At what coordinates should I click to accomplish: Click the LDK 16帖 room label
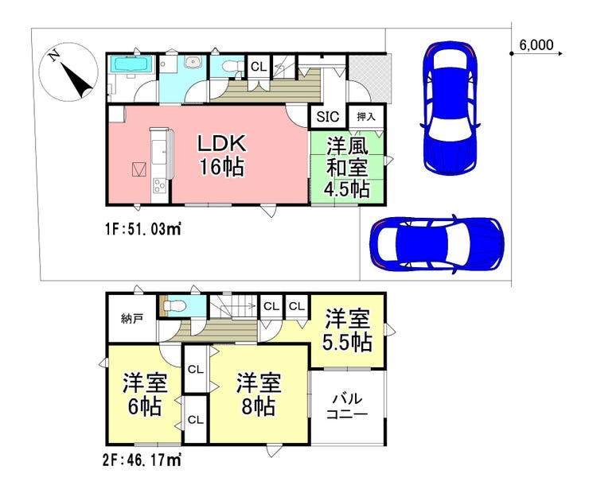click(x=222, y=155)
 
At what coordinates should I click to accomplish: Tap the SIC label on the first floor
click(x=328, y=117)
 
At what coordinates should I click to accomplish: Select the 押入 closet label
click(x=366, y=117)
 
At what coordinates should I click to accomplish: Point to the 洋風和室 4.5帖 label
click(x=347, y=168)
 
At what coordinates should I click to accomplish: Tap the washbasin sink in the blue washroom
click(x=194, y=62)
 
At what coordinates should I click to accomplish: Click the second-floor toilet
click(x=174, y=307)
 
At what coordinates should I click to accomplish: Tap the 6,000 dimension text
click(x=536, y=45)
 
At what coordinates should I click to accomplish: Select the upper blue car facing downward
click(x=451, y=107)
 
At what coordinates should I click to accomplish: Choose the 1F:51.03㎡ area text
click(x=142, y=228)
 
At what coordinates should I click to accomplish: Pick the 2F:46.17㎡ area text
click(x=142, y=460)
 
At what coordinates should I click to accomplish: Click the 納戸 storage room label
click(x=132, y=320)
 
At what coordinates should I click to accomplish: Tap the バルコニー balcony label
click(x=347, y=406)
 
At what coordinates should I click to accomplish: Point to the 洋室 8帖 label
click(x=259, y=394)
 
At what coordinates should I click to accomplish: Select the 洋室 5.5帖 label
click(x=348, y=330)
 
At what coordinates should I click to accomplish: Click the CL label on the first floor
click(x=259, y=67)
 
